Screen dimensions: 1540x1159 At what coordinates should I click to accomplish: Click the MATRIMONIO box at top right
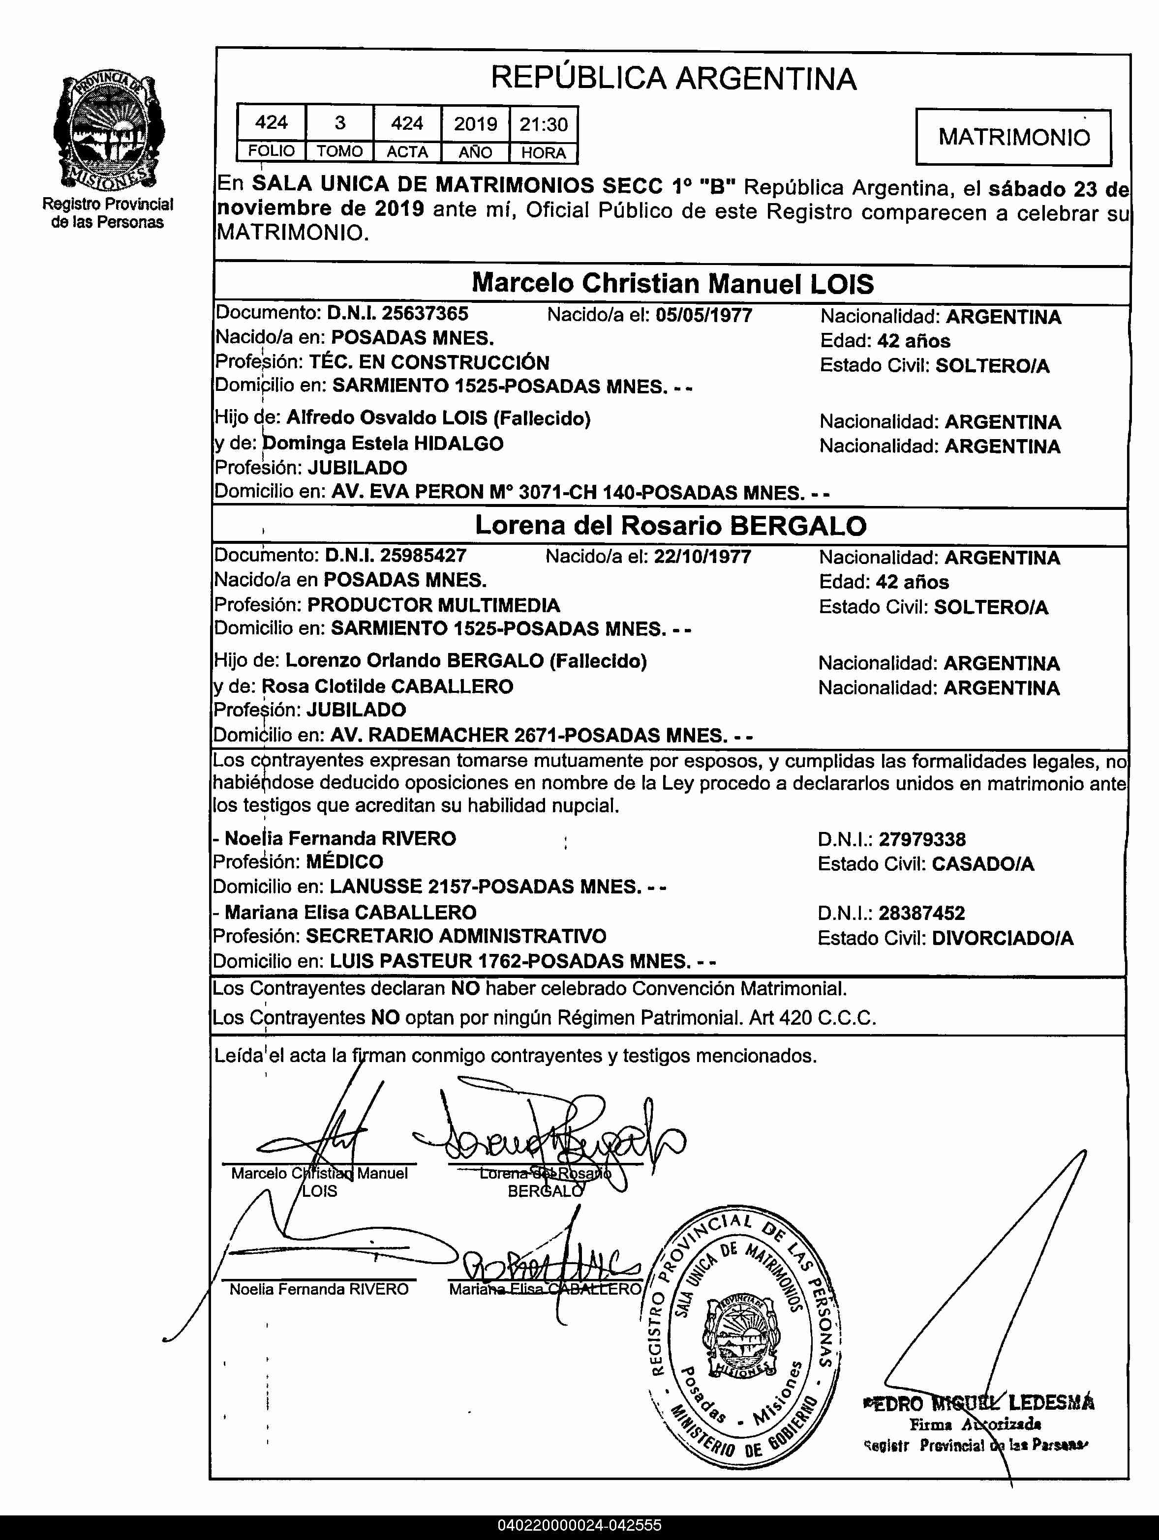click(1013, 137)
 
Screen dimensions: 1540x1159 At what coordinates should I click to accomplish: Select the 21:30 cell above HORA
click(543, 124)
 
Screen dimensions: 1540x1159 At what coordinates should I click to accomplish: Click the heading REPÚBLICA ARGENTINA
click(673, 78)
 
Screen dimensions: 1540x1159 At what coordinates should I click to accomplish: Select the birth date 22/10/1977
click(702, 556)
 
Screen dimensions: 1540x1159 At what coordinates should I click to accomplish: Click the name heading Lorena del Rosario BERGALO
click(670, 526)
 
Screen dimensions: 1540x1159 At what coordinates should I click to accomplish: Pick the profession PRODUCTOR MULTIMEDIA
click(433, 605)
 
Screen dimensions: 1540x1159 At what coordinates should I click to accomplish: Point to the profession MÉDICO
click(344, 862)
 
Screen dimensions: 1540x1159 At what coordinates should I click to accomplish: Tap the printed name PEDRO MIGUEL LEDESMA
click(978, 1403)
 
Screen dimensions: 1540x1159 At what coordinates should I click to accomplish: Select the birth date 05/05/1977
click(703, 315)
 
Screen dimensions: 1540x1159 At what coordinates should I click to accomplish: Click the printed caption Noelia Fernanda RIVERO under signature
click(319, 1289)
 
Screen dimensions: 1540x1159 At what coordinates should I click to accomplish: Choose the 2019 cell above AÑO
click(476, 124)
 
